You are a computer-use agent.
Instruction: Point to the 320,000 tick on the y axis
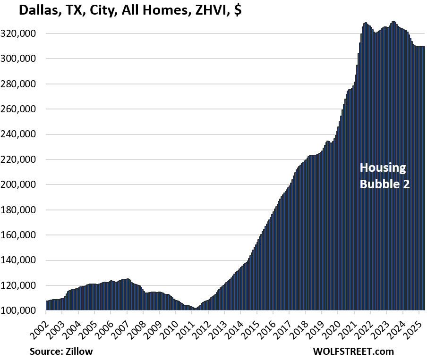click(x=26, y=34)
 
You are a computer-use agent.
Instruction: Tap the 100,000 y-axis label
click(x=26, y=311)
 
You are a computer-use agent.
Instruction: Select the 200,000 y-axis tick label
click(x=26, y=185)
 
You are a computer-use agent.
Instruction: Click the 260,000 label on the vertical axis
click(x=26, y=109)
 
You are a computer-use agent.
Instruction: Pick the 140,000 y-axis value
click(x=26, y=260)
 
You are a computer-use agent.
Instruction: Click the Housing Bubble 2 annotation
click(x=384, y=176)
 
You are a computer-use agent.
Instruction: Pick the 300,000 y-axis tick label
click(x=26, y=59)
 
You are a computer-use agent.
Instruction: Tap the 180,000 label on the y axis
click(x=26, y=210)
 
